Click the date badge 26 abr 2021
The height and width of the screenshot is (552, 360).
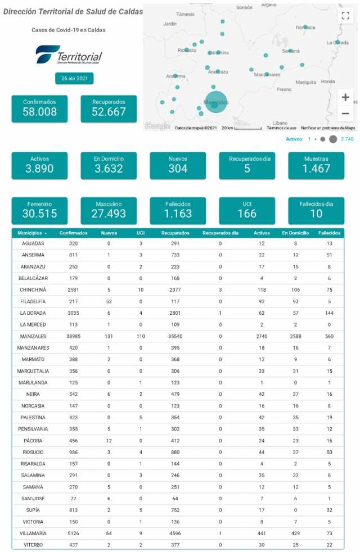click(74, 79)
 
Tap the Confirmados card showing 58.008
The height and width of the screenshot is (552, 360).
click(39, 108)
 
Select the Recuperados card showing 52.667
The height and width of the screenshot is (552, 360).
click(109, 108)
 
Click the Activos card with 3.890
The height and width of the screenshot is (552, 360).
click(39, 165)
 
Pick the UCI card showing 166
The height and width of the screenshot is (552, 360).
click(247, 210)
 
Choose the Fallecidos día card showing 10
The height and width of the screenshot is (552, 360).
click(316, 210)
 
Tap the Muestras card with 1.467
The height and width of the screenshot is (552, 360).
click(316, 165)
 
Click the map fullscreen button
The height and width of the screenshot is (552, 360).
click(345, 16)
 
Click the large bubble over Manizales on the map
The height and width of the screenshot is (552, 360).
click(215, 102)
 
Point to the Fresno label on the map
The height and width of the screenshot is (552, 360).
click(284, 89)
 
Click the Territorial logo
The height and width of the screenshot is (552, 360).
click(69, 56)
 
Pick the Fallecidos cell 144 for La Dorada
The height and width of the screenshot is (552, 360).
click(328, 313)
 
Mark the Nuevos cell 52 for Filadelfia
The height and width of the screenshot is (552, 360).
click(109, 301)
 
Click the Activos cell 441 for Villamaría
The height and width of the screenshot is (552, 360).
click(262, 533)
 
